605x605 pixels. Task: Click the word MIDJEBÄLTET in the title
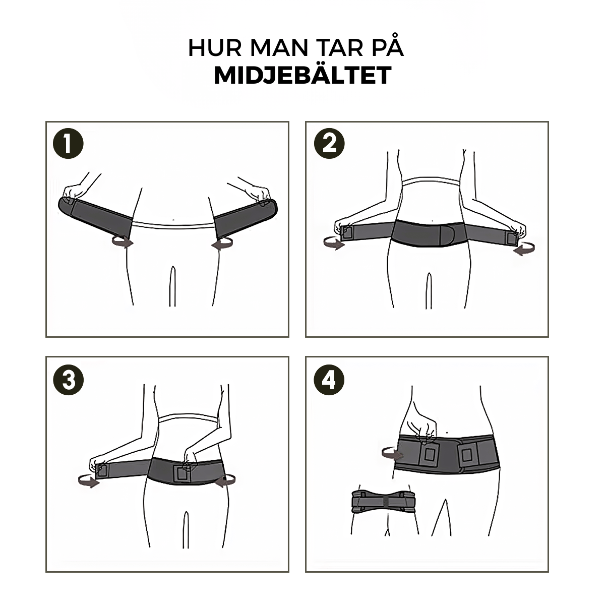[x=302, y=76]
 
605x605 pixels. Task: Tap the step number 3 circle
[x=68, y=380]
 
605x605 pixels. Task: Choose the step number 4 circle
[x=329, y=380]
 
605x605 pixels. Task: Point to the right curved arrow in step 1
[x=222, y=244]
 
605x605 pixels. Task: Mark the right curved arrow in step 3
[x=224, y=481]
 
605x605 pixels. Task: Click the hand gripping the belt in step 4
[x=422, y=426]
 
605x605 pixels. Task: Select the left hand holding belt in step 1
[x=74, y=191]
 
